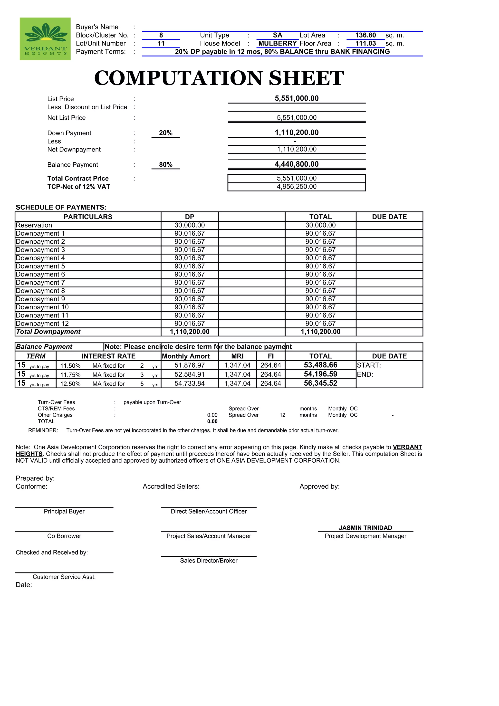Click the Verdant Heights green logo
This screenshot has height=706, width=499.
45,39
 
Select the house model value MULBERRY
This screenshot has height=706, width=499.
277,43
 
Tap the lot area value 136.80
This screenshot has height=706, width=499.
365,35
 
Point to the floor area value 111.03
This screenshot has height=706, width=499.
365,43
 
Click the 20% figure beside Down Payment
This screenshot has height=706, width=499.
165,133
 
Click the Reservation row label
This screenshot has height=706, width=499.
34,225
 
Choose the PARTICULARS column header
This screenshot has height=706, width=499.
88,217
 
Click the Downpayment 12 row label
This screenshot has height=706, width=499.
42,324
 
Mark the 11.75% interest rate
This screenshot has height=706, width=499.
70,375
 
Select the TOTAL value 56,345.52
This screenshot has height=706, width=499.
320,383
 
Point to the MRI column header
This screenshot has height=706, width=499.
237,356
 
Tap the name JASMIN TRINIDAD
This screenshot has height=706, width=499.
365,528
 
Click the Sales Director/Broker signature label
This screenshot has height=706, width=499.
209,561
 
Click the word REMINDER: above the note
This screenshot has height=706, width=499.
43,430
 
